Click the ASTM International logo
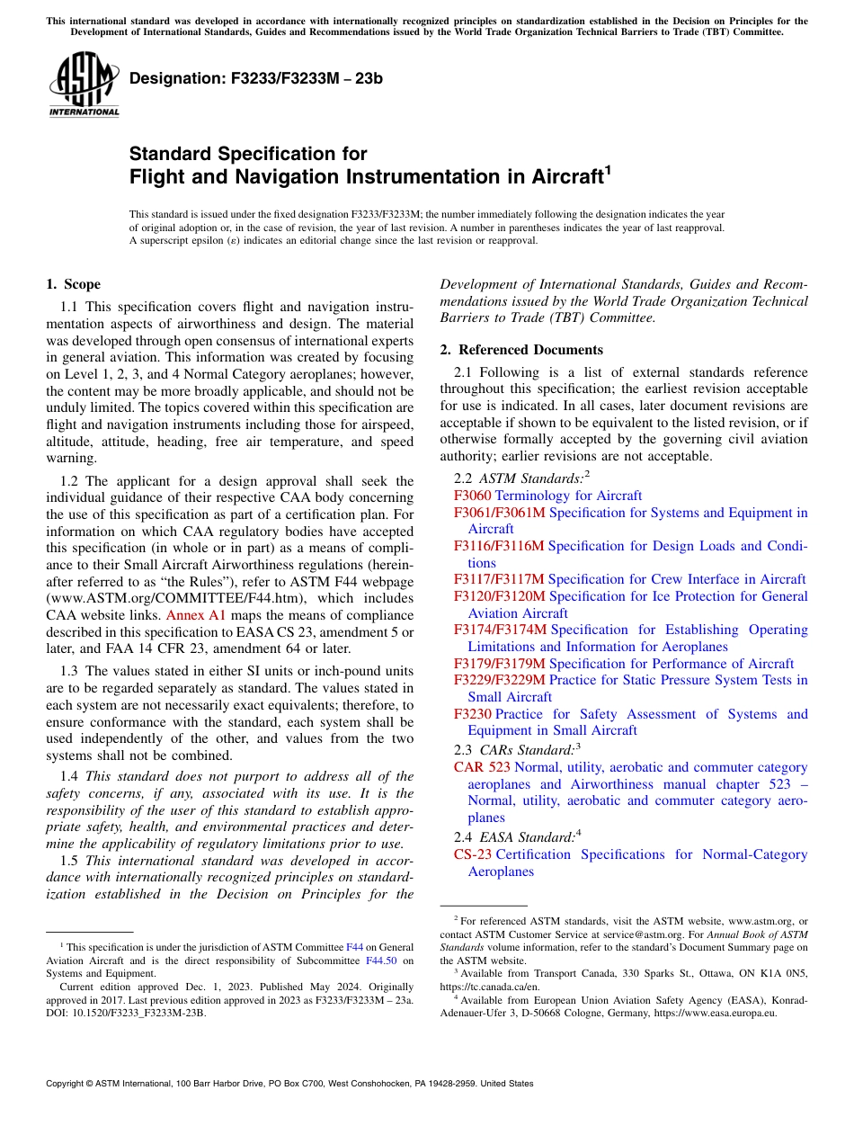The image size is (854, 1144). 84,86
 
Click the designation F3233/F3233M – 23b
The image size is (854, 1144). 256,78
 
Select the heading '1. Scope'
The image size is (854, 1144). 73,284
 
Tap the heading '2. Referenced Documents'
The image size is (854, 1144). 521,349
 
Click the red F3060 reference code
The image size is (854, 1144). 473,496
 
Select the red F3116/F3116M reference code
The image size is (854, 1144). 499,546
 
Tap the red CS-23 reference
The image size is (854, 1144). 473,854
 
